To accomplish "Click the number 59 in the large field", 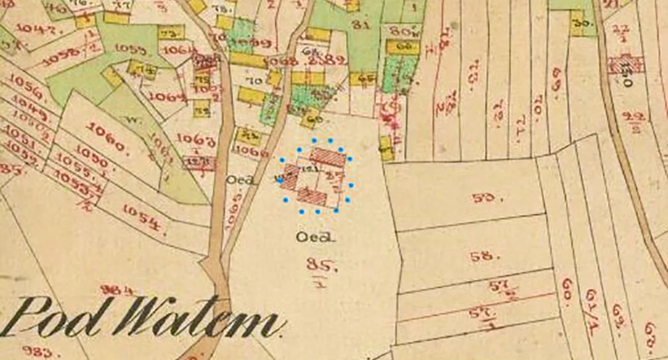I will [481, 197].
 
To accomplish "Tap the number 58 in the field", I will [481, 257].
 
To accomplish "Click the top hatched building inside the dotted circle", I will [328, 157].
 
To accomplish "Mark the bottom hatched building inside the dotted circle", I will [312, 196].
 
